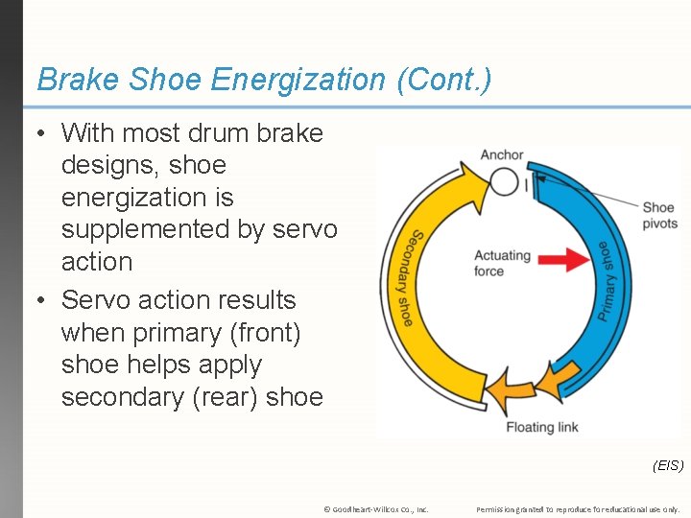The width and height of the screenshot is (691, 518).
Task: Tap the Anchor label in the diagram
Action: point(502,155)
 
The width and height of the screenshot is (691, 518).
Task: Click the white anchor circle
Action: point(504,181)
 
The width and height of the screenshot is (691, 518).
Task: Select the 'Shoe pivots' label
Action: point(659,215)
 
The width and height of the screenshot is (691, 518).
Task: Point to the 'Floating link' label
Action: point(542,427)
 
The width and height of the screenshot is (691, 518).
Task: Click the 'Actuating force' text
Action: point(502,263)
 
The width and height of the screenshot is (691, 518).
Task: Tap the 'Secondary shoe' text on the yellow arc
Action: point(412,278)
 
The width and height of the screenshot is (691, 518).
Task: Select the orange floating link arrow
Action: point(513,388)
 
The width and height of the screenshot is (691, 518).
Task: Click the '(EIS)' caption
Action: point(667,465)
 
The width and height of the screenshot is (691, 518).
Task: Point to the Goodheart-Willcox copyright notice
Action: point(376,508)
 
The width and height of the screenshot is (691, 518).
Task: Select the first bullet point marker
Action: point(43,133)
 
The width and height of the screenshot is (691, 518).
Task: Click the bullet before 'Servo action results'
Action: point(43,300)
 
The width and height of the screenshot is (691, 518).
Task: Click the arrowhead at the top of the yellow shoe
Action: point(473,177)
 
